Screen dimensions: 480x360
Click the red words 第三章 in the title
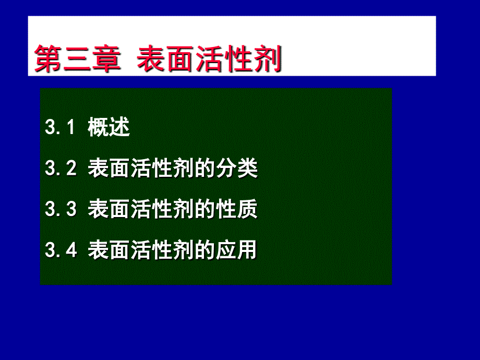(77, 58)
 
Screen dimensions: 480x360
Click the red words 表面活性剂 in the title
(209, 58)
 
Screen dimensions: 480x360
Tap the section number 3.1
(59, 127)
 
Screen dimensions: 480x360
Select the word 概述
(109, 127)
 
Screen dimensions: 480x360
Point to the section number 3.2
(61, 168)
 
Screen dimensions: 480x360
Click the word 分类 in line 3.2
(237, 168)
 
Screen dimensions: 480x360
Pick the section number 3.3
(61, 209)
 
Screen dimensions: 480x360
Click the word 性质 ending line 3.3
(237, 209)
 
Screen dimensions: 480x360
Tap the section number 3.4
(61, 250)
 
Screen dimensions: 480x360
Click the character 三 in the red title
(77, 59)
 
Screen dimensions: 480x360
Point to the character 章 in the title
(106, 58)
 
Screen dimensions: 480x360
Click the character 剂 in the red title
(267, 58)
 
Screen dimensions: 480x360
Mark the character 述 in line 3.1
(119, 127)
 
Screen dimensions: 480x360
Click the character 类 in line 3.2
(247, 168)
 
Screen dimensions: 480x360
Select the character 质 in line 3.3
(247, 209)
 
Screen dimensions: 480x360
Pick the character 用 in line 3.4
(247, 250)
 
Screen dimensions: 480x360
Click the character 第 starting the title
(48, 58)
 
